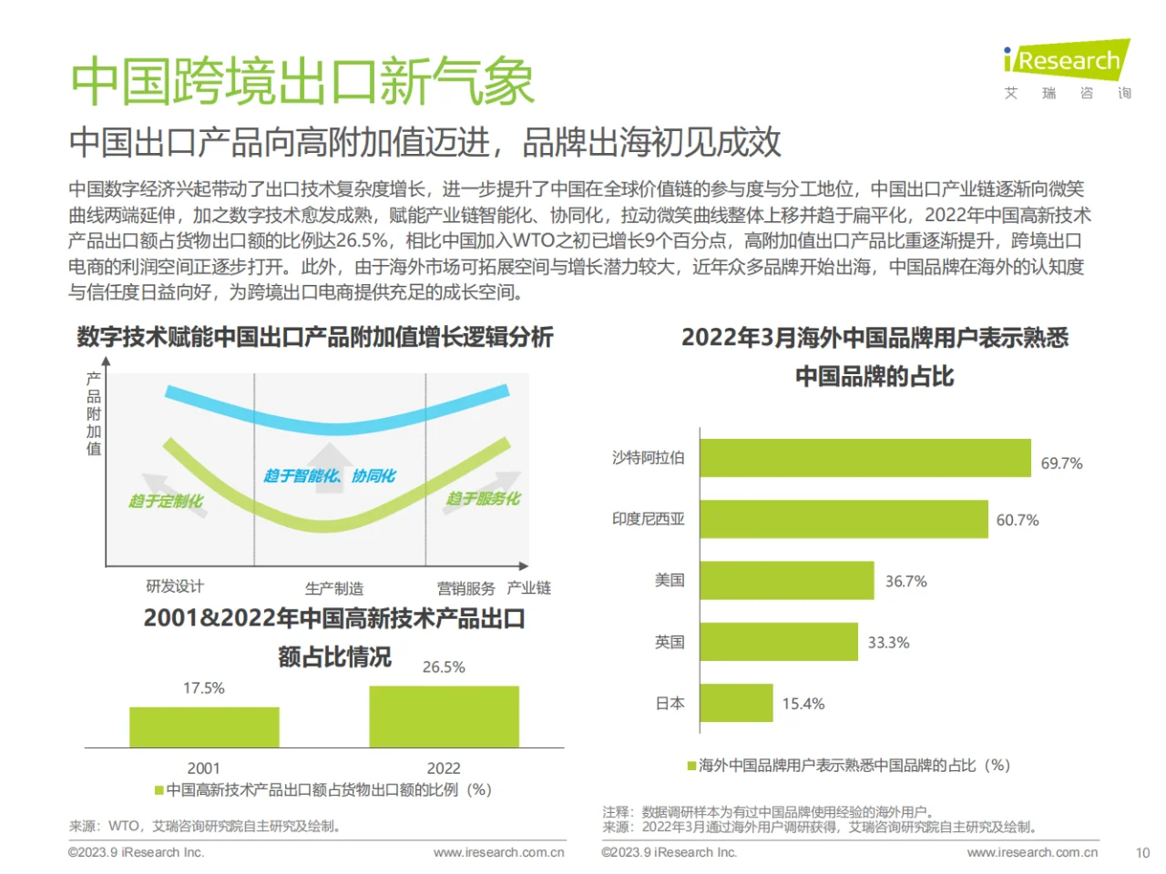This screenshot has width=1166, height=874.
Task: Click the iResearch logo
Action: pos(1067,61)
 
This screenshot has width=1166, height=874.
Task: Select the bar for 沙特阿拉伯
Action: pos(864,458)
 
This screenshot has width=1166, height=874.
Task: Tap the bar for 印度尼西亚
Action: pos(844,519)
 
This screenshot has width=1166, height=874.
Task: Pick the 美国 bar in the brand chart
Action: pos(786,581)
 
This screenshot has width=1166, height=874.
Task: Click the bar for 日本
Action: pos(736,703)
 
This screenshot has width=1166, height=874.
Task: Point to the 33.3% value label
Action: pos(888,643)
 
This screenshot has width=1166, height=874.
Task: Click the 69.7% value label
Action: pos(1061,463)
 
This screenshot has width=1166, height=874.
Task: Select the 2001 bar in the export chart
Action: pos(204,727)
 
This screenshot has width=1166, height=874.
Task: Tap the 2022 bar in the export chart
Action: pos(444,716)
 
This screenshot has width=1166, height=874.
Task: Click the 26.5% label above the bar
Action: pos(444,667)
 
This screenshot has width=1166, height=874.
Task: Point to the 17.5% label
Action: pos(204,688)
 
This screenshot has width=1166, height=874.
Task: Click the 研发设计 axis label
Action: pos(175,586)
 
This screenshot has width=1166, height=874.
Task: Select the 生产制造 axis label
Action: pos(334,588)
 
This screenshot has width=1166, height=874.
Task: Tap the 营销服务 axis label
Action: pos(466,588)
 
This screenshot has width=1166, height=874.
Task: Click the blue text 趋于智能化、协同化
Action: pos(330,476)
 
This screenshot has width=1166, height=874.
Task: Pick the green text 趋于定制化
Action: pos(166,502)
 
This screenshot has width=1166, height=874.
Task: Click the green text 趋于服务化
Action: pos(484,499)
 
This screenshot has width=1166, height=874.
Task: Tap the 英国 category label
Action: pos(670,642)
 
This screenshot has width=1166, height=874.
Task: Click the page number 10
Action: pos(1142,853)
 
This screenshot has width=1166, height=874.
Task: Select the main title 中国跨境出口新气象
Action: pos(302,81)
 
